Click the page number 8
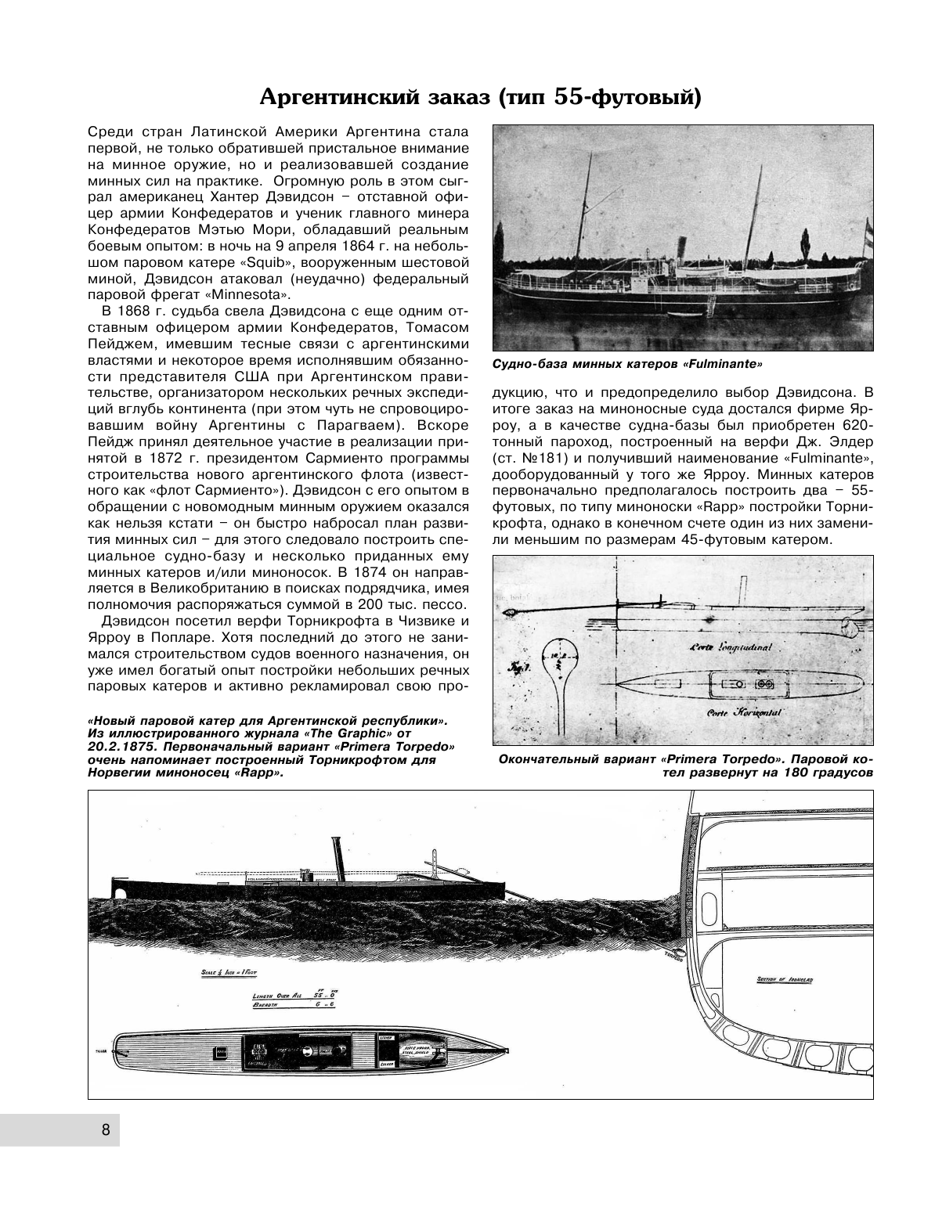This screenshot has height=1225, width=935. (x=105, y=1130)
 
